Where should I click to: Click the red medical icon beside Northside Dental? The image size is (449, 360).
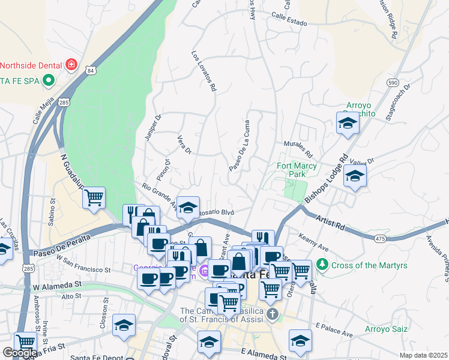point(71,64)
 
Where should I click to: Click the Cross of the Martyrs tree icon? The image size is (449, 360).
point(322,264)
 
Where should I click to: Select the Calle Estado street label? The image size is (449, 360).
point(289,19)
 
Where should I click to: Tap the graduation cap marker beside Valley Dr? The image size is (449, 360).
point(355,176)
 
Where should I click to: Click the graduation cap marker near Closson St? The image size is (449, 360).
point(124,325)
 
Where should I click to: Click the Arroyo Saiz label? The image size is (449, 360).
point(387,329)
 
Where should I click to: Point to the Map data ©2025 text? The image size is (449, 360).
point(423,355)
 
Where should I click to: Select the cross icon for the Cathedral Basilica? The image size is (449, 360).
point(273,314)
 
